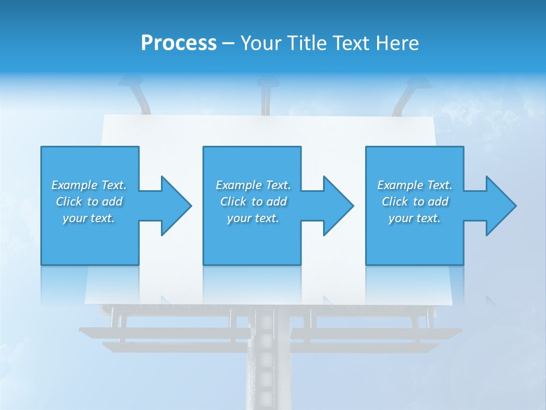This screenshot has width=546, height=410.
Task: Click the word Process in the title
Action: click(x=179, y=43)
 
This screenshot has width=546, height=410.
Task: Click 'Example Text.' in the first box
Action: click(x=89, y=185)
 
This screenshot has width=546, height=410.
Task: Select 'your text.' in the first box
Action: click(x=89, y=218)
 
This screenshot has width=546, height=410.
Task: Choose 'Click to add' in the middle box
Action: click(x=253, y=202)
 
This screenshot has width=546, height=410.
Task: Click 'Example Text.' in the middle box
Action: click(x=253, y=185)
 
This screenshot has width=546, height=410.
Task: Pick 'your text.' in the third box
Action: click(x=415, y=218)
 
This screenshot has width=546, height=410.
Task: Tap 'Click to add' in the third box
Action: click(x=415, y=202)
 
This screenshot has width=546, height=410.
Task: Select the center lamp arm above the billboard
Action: click(x=265, y=97)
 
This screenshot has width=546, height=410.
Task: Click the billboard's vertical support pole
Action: click(x=265, y=364)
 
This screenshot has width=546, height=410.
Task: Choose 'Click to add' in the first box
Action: click(x=89, y=202)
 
